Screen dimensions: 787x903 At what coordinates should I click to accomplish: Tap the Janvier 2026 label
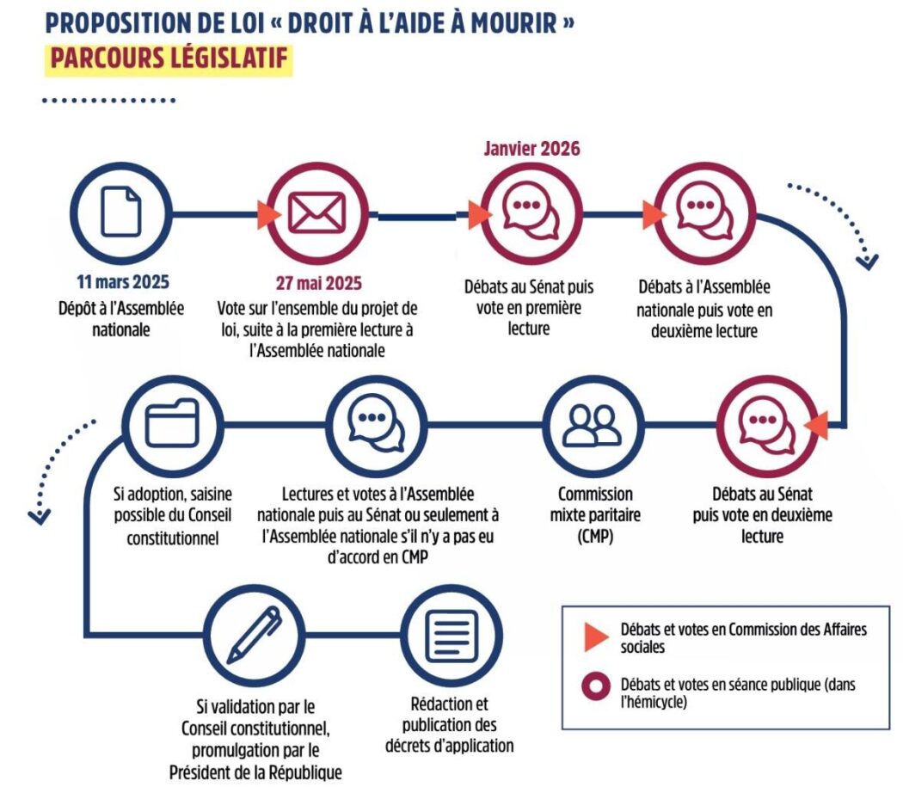(x=531, y=148)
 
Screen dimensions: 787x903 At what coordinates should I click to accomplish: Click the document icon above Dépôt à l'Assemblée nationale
(x=121, y=212)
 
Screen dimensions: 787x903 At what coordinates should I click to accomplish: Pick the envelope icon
(x=316, y=212)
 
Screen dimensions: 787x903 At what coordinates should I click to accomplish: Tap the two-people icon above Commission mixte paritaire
(x=593, y=422)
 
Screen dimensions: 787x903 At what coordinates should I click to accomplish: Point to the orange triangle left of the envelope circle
(x=268, y=212)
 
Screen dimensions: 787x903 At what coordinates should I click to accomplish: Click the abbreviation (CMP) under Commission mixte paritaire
(x=595, y=537)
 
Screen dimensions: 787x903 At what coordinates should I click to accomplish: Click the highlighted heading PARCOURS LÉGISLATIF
(x=169, y=59)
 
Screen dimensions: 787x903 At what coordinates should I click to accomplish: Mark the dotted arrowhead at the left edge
(x=40, y=516)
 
